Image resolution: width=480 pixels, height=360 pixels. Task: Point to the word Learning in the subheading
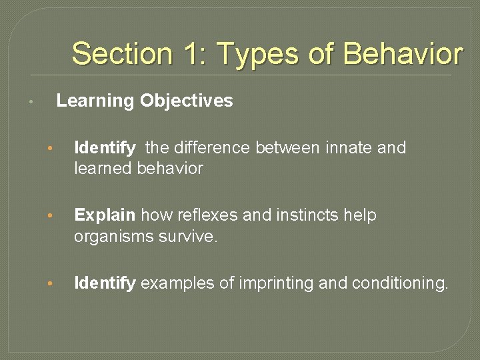coord(95,101)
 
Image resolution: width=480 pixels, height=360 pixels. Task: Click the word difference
coord(211,147)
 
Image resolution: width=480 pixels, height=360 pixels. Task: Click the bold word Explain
coord(105,215)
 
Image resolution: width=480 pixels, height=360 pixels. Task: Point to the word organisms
coord(109,237)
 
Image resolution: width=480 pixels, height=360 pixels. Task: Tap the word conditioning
coord(399,283)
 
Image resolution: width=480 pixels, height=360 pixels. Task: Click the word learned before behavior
coord(103,169)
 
